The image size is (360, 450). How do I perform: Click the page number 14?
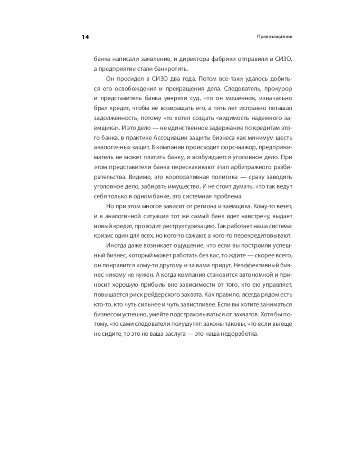tap(85, 37)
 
